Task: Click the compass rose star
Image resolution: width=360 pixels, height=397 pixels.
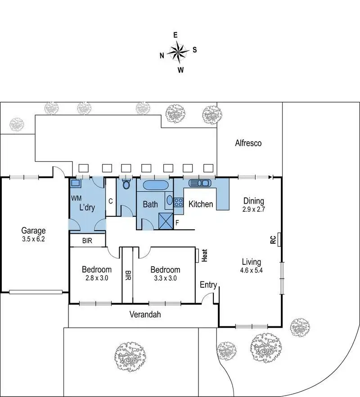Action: point(179,52)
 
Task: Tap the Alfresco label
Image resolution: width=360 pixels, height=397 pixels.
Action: point(248,143)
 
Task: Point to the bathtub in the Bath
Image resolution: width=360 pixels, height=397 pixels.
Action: point(156,185)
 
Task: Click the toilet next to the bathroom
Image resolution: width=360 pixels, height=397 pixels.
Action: point(126,184)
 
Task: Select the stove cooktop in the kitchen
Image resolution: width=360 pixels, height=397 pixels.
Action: point(178,203)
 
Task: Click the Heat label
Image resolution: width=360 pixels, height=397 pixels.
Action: point(205,255)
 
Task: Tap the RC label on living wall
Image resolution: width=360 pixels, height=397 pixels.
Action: point(273,240)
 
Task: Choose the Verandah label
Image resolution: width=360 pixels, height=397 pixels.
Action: point(145,315)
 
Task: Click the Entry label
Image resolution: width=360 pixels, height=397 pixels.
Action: point(208,285)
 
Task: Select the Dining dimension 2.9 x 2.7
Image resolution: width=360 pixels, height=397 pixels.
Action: point(253,209)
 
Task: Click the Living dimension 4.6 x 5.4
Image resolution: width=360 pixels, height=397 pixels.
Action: point(252,271)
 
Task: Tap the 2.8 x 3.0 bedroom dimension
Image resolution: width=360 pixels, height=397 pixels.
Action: point(96,278)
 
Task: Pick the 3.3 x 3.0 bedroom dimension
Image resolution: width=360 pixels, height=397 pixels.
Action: point(165,278)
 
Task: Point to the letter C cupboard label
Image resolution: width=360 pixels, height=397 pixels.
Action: point(110,201)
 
